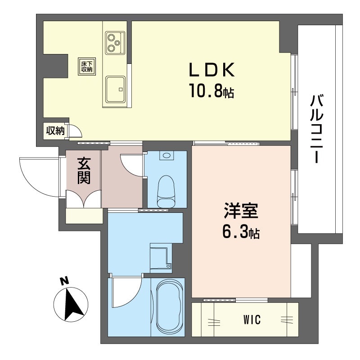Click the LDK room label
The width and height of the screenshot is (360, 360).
(211, 70)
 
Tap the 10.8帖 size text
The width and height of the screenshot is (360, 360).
(211, 90)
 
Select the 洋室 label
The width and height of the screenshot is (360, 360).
(241, 210)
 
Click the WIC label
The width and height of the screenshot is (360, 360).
(252, 319)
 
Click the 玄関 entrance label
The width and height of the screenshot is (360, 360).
(84, 171)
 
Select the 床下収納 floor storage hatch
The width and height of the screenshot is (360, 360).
(87, 67)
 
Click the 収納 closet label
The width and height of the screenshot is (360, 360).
(55, 131)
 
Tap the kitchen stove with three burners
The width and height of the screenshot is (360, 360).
(115, 43)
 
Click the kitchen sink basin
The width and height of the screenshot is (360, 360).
(115, 89)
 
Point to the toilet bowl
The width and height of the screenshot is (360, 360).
(166, 191)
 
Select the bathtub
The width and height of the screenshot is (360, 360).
(169, 307)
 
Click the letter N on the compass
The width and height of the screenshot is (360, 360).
(64, 281)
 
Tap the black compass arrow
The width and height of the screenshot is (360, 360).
(73, 304)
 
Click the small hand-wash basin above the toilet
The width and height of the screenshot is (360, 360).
(166, 156)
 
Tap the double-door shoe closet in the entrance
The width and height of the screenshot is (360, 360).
(83, 199)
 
